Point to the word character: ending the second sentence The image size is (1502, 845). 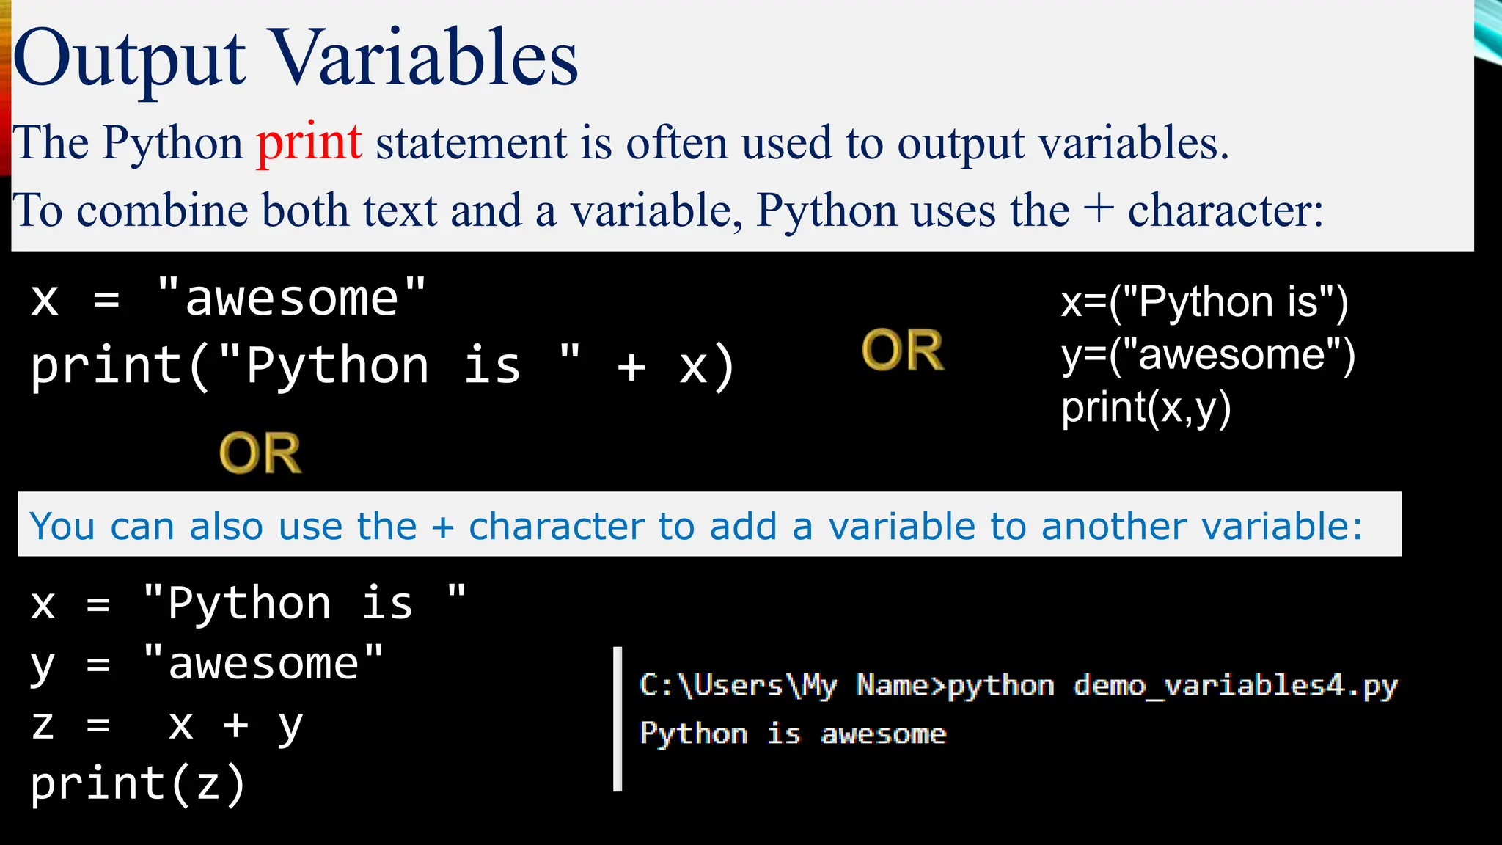coord(1226,211)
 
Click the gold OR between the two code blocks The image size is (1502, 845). coord(903,350)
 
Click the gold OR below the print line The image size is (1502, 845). coord(260,453)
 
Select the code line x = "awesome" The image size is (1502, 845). coord(228,299)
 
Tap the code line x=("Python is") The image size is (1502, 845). coord(1204,302)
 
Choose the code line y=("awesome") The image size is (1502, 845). coord(1208,355)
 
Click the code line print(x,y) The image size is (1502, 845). coord(1146,408)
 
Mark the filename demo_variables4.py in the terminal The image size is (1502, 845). coord(1236,686)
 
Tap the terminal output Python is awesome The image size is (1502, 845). coord(793,734)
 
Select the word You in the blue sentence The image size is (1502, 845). coord(62,527)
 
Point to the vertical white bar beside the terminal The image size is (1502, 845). coord(618,719)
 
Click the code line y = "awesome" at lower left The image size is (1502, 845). coord(207,665)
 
